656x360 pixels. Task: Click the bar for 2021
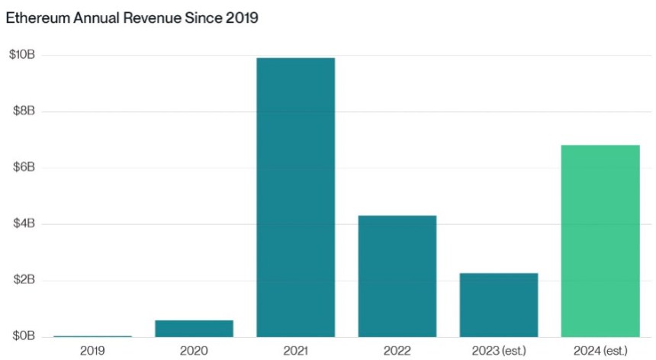point(295,197)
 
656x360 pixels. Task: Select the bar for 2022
point(397,275)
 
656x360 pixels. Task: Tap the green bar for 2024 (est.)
point(600,240)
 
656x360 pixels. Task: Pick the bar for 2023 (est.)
point(498,304)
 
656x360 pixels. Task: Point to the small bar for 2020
point(194,328)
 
